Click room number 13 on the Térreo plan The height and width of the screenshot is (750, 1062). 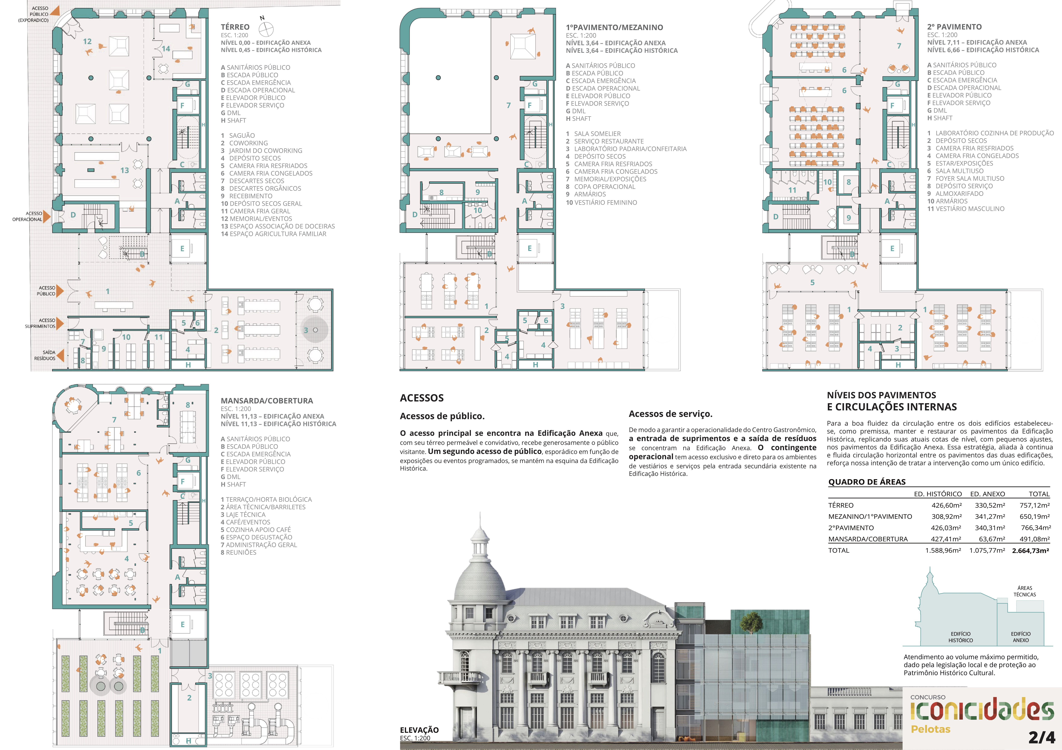coord(124,171)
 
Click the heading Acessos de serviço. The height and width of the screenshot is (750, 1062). coord(670,414)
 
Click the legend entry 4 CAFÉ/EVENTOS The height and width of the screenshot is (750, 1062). coord(245,522)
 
